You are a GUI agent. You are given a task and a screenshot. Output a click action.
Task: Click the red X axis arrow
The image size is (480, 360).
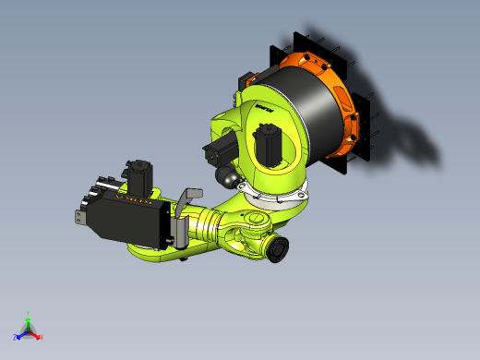click(38, 335)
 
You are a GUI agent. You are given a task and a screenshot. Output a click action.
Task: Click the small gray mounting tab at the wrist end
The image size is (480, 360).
click(80, 217)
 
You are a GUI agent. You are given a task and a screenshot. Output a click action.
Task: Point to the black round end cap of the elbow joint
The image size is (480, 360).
click(277, 249)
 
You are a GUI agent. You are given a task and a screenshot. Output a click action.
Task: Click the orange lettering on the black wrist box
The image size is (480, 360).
click(134, 196)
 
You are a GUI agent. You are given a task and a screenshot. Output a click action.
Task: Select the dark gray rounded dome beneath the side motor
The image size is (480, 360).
click(224, 174)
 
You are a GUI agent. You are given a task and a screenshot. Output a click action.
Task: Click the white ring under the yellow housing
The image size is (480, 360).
click(277, 194)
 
